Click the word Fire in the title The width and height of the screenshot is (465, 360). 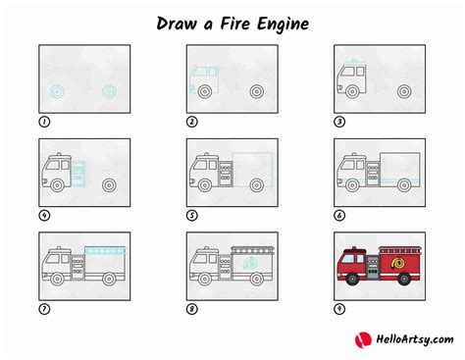(x=241, y=21)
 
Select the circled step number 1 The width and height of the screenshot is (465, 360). (x=44, y=122)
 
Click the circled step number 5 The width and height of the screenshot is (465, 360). (x=192, y=216)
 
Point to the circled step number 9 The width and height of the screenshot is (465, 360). (x=340, y=310)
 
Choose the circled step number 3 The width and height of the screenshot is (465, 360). (x=340, y=122)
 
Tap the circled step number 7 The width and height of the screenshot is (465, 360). (x=44, y=310)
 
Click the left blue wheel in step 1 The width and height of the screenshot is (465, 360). (x=58, y=92)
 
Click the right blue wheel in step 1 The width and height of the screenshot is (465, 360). (x=110, y=92)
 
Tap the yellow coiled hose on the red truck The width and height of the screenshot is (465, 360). (x=399, y=264)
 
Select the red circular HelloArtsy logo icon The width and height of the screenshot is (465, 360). (x=361, y=339)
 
